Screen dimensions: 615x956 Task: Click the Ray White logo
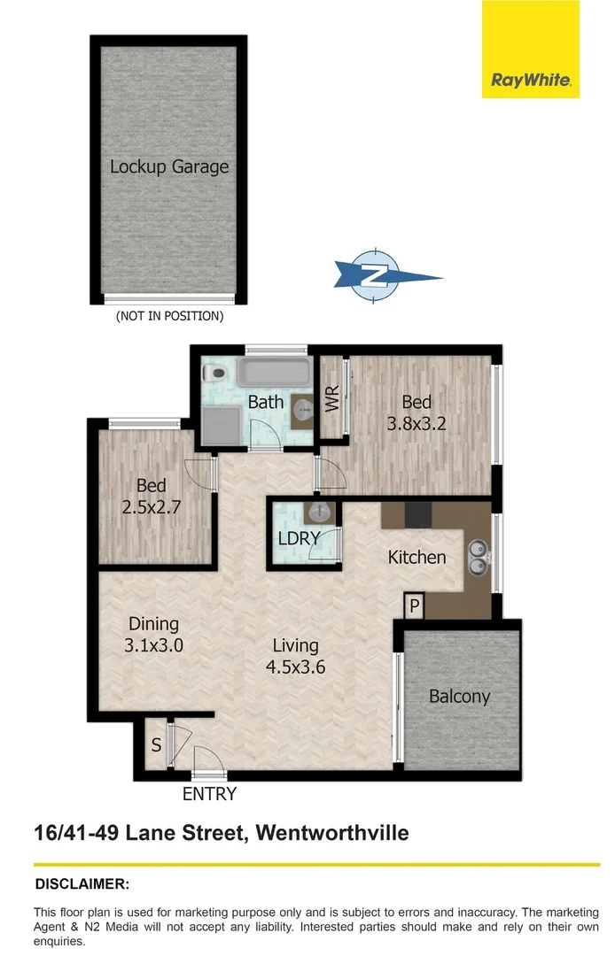tap(530, 49)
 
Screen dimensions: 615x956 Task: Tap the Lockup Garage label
tap(169, 166)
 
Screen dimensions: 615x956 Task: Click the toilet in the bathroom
tap(214, 374)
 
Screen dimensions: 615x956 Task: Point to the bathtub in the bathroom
tap(274, 372)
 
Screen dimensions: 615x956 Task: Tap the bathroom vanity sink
tap(302, 412)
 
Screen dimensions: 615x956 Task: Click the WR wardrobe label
tap(332, 398)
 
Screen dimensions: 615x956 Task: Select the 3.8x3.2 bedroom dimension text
tap(416, 423)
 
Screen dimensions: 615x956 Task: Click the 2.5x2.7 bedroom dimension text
tap(151, 506)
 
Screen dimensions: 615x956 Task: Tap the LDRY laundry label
tap(299, 538)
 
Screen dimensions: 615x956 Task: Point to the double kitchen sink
tap(478, 558)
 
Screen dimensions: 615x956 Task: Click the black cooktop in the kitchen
tap(418, 514)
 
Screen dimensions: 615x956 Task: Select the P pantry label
tap(414, 606)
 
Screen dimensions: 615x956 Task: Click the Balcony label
tap(459, 697)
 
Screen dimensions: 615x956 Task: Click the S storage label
tap(156, 745)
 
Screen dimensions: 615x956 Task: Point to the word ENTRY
tap(209, 794)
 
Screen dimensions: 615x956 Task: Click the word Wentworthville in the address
tap(332, 833)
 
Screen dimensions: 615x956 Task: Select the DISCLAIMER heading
tap(82, 884)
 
